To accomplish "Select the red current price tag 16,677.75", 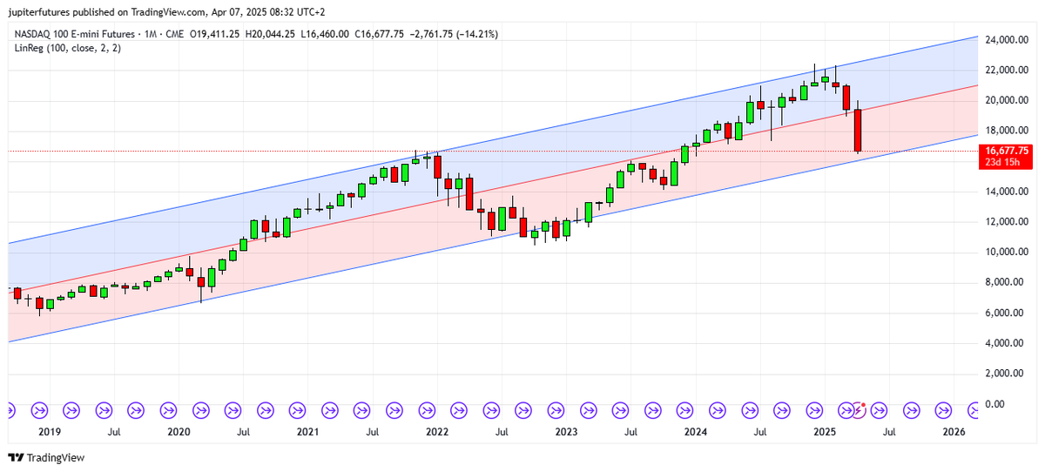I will pos(1006,151).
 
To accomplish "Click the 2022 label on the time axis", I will pos(436,431).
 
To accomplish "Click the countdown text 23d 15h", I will pos(1006,162).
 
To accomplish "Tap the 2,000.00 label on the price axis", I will pos(1003,374).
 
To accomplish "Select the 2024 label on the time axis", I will pos(695,431).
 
